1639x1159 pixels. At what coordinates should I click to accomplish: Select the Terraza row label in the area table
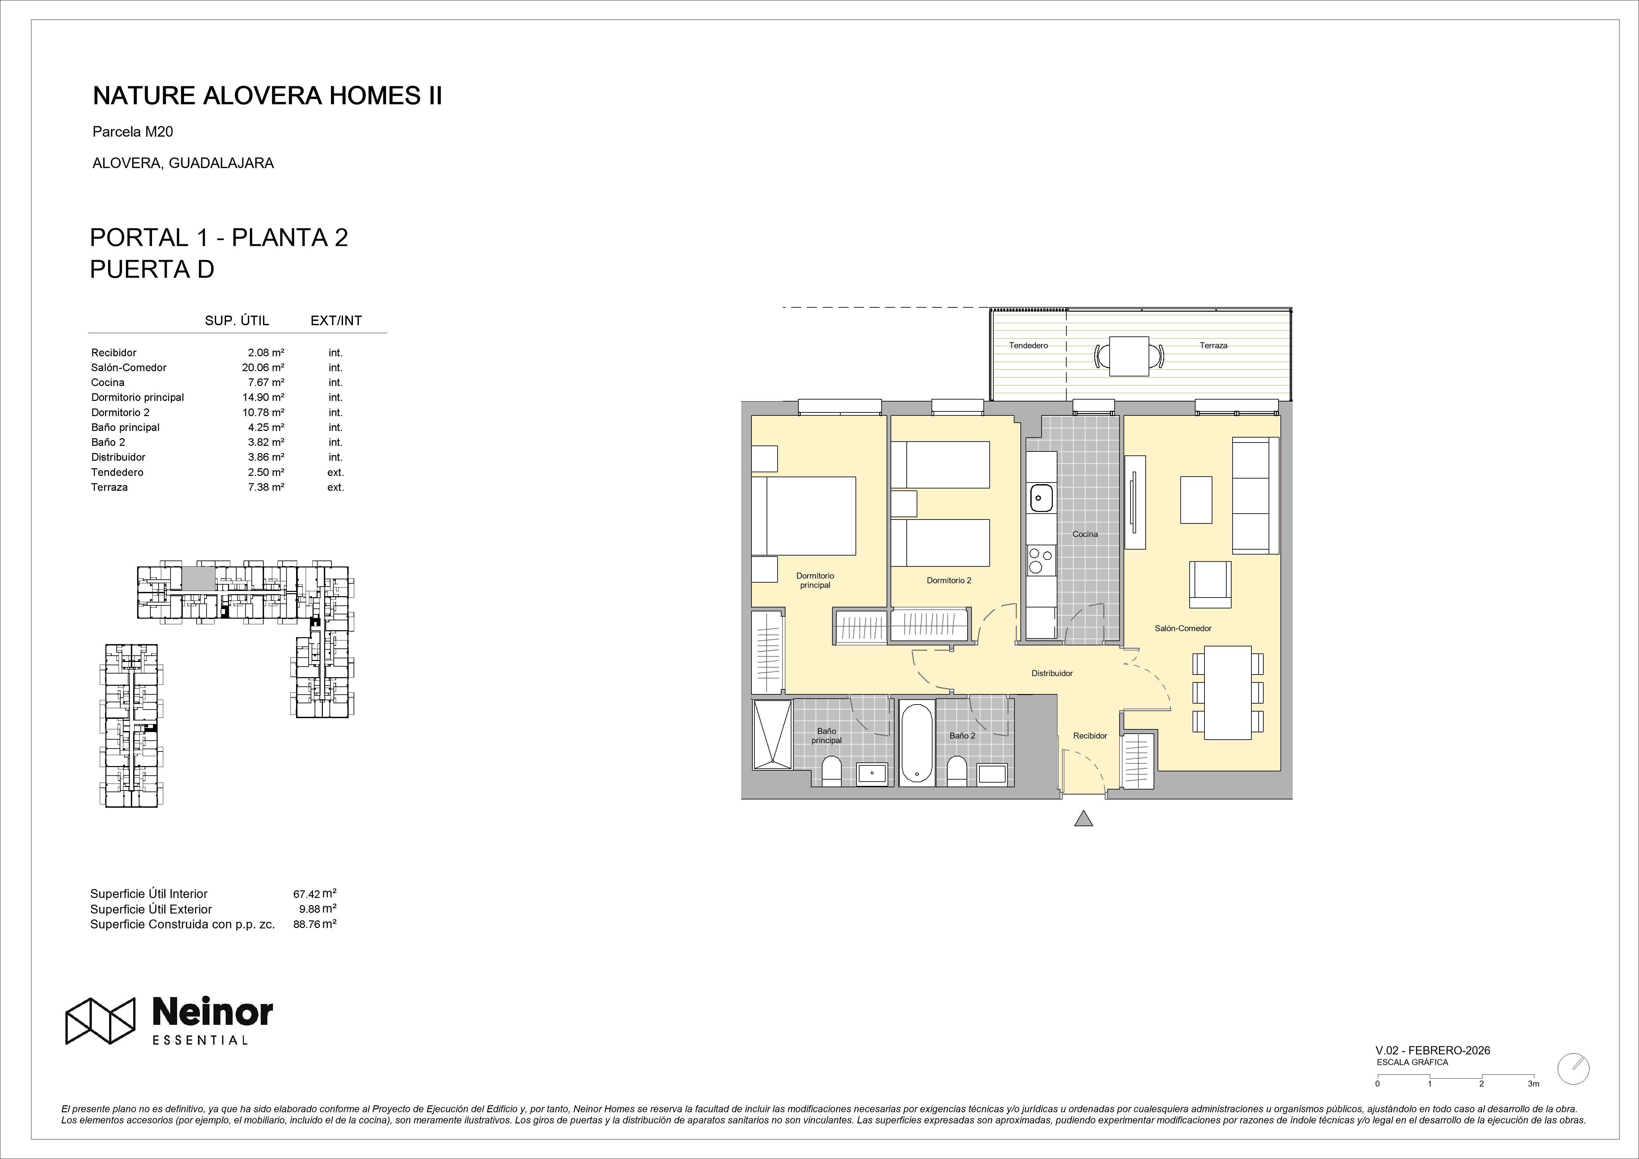(x=109, y=487)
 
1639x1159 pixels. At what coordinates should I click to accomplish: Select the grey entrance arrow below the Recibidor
(x=1084, y=818)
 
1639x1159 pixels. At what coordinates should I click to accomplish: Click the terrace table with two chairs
(x=1128, y=356)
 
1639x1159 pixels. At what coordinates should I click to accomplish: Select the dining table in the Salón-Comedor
(x=1228, y=693)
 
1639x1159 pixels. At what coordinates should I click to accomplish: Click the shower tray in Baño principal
(x=772, y=734)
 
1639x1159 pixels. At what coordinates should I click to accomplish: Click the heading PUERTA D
(x=152, y=269)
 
